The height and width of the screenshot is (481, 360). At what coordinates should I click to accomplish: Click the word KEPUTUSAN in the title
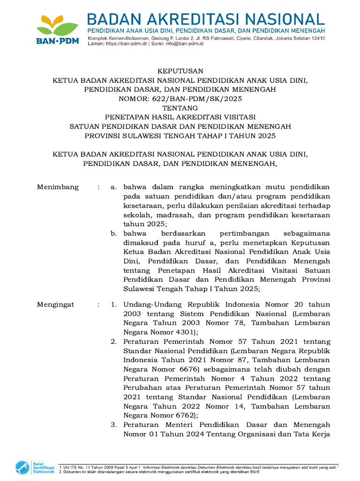pyautogui.click(x=180, y=71)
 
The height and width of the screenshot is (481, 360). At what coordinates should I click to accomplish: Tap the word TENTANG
pyautogui.click(x=180, y=108)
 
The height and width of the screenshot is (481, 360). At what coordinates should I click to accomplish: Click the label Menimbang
pyautogui.click(x=58, y=187)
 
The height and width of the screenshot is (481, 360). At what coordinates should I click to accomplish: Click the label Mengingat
pyautogui.click(x=56, y=305)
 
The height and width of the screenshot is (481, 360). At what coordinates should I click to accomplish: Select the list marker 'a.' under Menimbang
pyautogui.click(x=113, y=187)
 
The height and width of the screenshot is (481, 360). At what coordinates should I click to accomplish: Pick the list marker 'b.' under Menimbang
pyautogui.click(x=113, y=233)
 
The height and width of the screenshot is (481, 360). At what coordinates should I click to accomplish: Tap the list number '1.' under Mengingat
pyautogui.click(x=113, y=305)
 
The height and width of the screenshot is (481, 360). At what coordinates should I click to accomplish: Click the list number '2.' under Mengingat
pyautogui.click(x=113, y=341)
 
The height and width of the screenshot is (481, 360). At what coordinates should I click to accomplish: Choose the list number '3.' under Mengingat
pyautogui.click(x=113, y=425)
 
